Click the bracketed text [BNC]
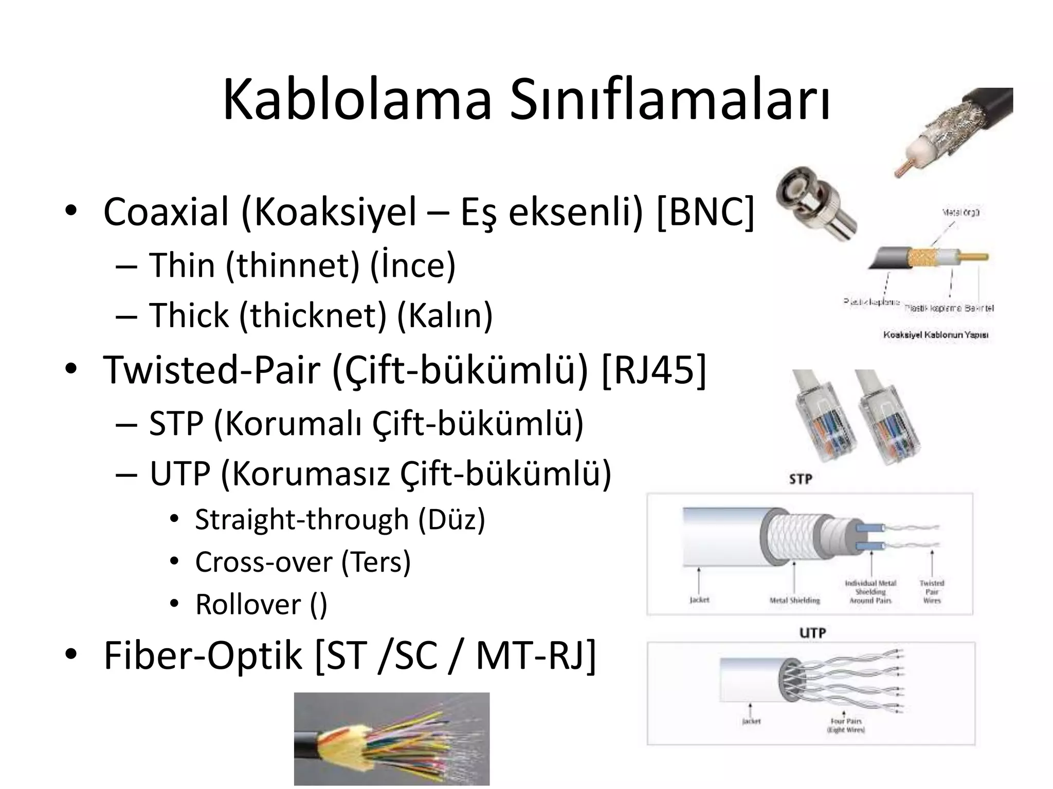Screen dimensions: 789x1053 coord(705,212)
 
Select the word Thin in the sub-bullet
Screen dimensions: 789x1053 coord(182,266)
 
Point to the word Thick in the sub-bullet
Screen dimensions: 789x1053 coord(189,315)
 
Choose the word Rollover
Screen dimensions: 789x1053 coord(248,605)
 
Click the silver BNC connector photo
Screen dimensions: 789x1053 coord(815,203)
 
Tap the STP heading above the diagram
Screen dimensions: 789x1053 coord(800,479)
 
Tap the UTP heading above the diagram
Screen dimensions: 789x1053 coord(812,633)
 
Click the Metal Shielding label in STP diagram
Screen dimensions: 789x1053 coord(794,600)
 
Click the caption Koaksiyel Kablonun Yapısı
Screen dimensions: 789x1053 coord(935,335)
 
